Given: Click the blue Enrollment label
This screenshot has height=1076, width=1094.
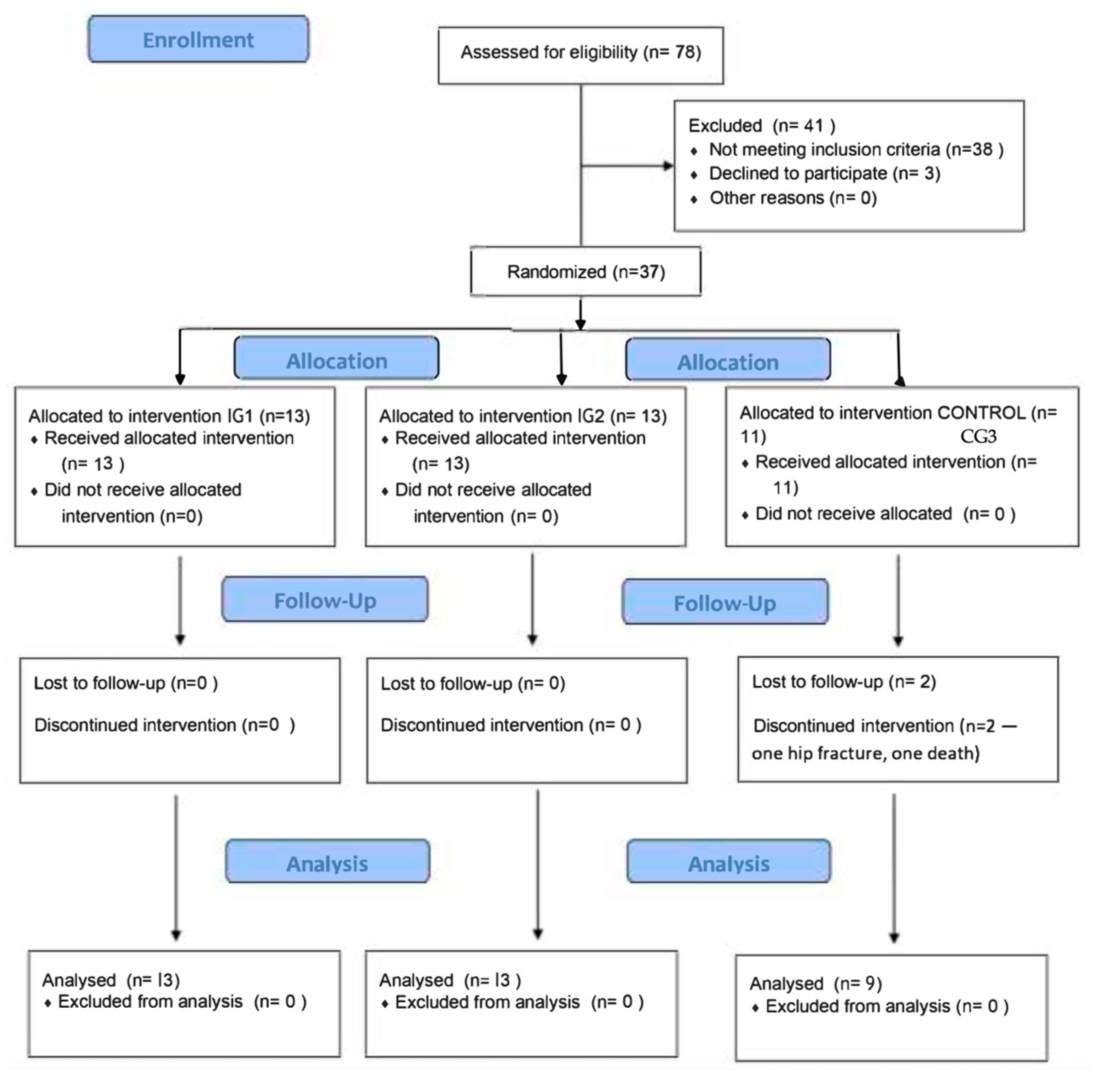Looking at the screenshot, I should click(198, 40).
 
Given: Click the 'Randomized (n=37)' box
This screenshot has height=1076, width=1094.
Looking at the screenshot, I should click(586, 272).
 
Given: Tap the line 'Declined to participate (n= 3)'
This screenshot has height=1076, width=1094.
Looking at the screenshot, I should click(824, 174).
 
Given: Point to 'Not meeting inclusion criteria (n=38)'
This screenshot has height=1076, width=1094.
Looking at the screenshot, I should click(856, 149).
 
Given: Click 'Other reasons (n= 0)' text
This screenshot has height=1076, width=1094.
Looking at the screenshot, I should click(793, 198).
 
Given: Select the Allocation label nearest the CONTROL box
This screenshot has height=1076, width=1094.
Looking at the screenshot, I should click(728, 362).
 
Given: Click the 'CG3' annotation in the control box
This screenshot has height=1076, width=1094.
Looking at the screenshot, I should click(978, 437).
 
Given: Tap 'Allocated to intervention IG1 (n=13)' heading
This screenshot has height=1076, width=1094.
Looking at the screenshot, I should click(169, 416).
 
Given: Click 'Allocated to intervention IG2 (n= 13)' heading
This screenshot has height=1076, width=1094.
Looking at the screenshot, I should click(523, 416).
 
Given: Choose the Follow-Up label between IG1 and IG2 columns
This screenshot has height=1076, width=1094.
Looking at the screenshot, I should click(325, 601).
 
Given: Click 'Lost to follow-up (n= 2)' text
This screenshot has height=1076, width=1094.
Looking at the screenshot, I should click(844, 681).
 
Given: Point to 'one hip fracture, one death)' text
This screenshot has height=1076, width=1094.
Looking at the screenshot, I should click(865, 753).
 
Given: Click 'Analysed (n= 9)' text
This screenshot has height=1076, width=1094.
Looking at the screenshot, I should click(815, 984).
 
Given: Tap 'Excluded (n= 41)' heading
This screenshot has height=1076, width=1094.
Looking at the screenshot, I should click(761, 125).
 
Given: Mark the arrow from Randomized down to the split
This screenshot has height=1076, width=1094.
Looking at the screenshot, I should click(580, 314).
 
